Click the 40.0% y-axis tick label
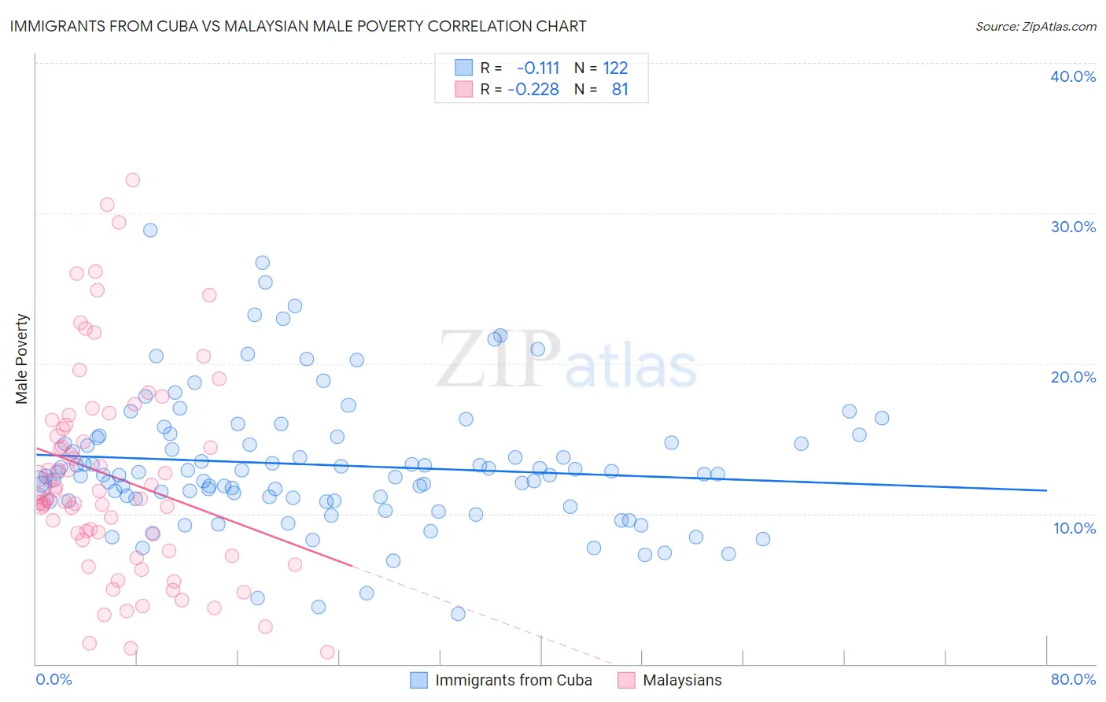click(x=1072, y=76)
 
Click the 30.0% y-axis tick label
click(x=1072, y=227)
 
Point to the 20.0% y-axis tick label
click(x=1072, y=377)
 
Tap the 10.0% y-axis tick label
click(x=1074, y=528)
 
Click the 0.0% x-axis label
click(x=53, y=679)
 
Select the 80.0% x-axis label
click(x=1073, y=679)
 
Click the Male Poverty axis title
click(x=22, y=359)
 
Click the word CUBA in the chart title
click(x=186, y=26)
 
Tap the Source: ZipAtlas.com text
click(x=1035, y=26)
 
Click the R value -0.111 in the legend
click(x=538, y=68)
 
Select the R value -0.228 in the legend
click(x=533, y=90)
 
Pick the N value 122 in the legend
click(x=615, y=68)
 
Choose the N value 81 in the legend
click(x=620, y=90)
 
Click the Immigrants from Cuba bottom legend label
click(x=513, y=680)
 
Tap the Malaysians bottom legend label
click(x=682, y=680)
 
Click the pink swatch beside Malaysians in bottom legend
click(x=626, y=680)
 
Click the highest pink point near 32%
click(x=133, y=180)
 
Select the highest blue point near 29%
click(x=150, y=230)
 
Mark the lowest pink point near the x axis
click(x=327, y=652)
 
